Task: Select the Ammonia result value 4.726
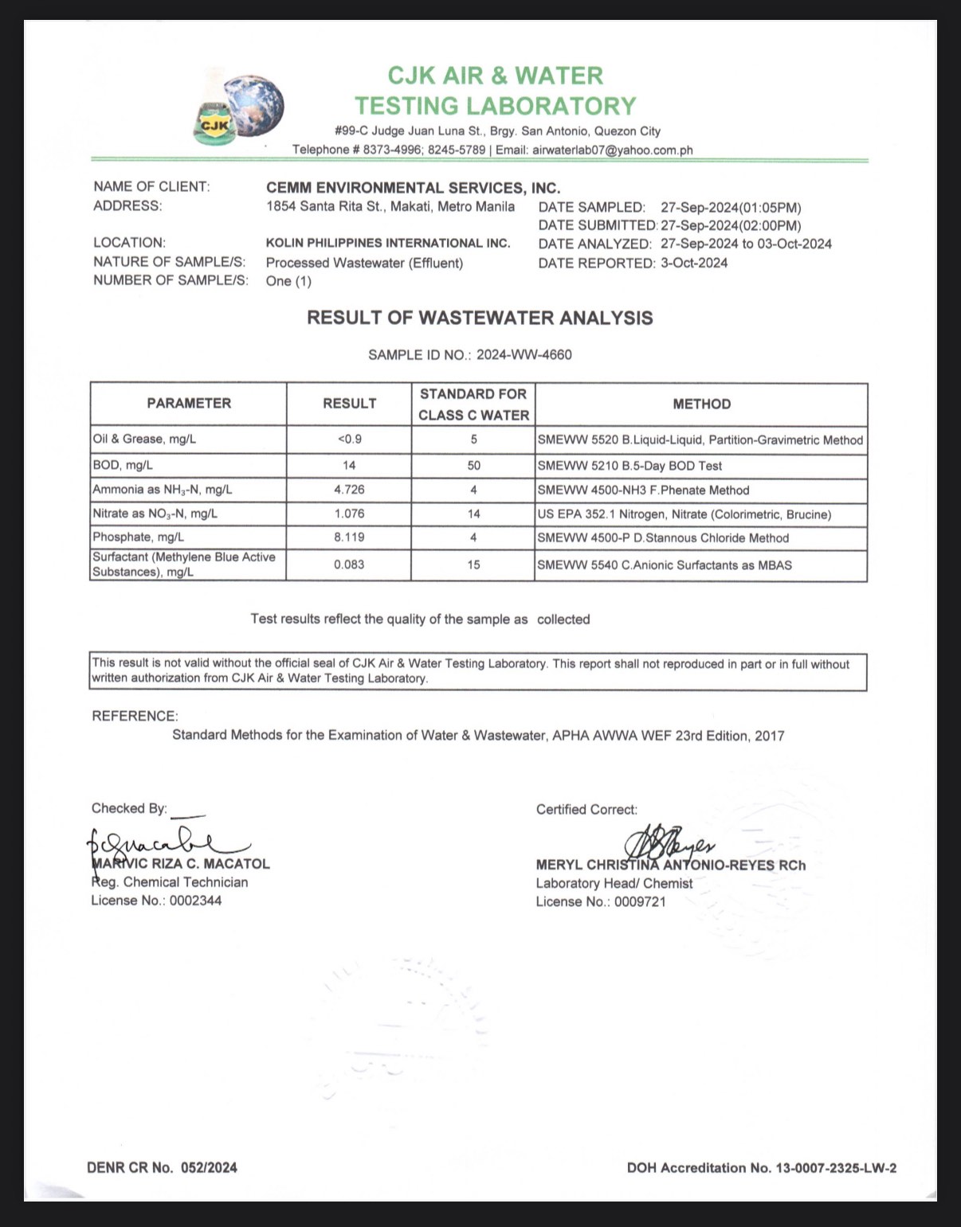click(349, 490)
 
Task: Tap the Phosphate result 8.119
click(349, 537)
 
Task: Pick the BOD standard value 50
click(473, 466)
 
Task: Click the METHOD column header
click(701, 404)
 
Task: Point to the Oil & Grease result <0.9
click(349, 440)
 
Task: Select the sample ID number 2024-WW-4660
click(524, 355)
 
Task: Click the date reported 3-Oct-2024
click(693, 264)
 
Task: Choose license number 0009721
click(640, 902)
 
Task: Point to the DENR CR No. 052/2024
click(162, 1168)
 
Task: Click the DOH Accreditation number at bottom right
click(761, 1168)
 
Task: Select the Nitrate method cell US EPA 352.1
click(684, 514)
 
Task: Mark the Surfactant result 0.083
click(349, 565)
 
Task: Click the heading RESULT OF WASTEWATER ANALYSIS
click(480, 318)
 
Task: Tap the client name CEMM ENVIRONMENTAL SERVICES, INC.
click(413, 189)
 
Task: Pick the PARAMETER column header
click(189, 404)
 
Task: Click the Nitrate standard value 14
click(473, 514)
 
